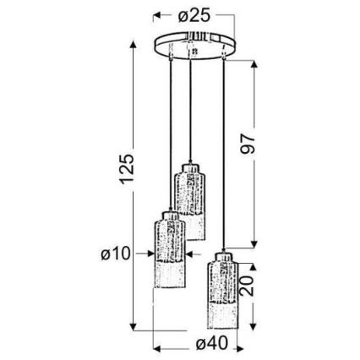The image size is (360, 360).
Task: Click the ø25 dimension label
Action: pyautogui.click(x=194, y=16)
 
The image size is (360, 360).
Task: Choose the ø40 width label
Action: pyautogui.click(x=196, y=344)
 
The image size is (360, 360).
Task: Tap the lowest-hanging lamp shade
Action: pyautogui.click(x=222, y=292)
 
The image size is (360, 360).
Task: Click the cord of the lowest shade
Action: pyautogui.click(x=223, y=152)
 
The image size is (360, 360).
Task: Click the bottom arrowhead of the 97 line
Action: pyautogui.click(x=254, y=241)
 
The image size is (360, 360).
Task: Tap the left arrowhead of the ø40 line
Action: pyautogui.click(x=155, y=345)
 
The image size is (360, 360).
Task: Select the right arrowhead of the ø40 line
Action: pyautogui.click(x=237, y=345)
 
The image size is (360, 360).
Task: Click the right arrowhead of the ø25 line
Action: pyautogui.click(x=232, y=16)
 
